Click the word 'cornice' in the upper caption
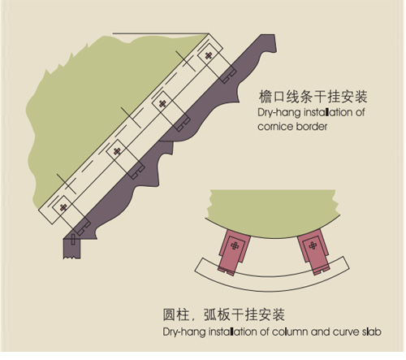[275, 127]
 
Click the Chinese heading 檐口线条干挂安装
[313, 97]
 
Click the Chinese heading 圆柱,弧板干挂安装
[224, 314]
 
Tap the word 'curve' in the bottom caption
[346, 332]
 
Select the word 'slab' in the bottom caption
[372, 332]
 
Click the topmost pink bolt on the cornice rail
[208, 56]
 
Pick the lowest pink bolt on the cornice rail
[63, 207]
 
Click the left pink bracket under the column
[234, 252]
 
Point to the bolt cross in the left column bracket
[235, 246]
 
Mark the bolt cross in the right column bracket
[313, 245]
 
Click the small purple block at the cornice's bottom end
[72, 249]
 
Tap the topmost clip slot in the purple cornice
[229, 75]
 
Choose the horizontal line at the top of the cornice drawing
[161, 33]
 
